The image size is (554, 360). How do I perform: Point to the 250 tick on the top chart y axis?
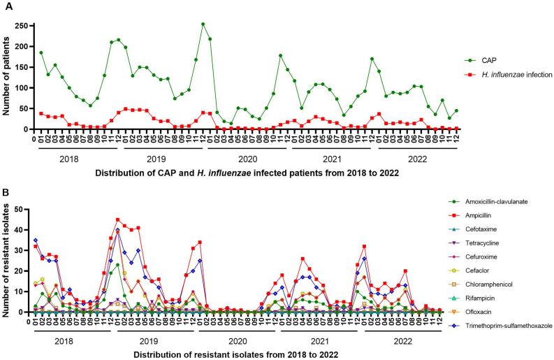tap(24, 26)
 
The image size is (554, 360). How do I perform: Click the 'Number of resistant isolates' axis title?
tap(9, 260)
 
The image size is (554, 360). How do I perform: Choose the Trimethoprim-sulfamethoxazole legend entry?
tap(497, 345)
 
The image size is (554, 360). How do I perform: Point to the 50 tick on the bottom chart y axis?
tap(27, 209)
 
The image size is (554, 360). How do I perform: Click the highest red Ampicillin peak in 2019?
tap(118, 219)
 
